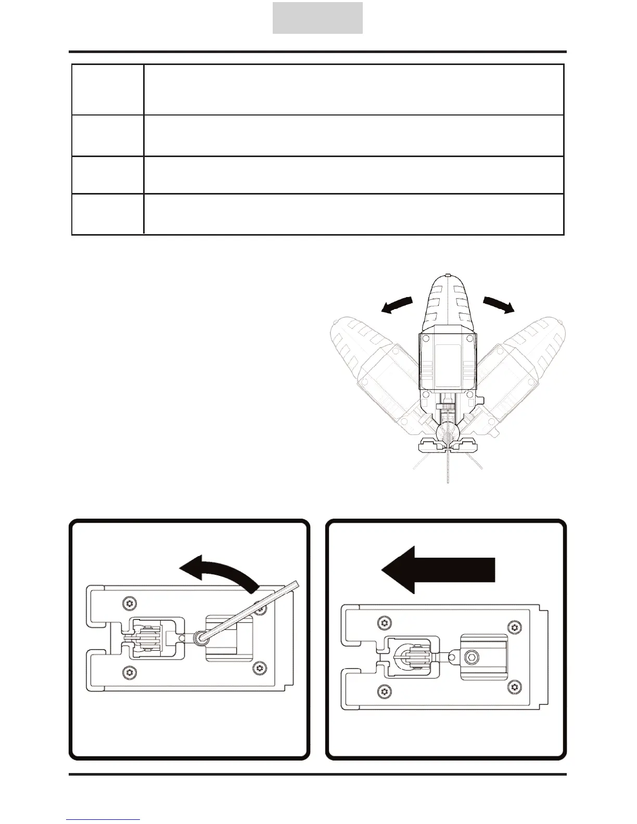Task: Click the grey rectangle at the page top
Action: (317, 18)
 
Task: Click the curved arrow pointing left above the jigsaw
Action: (397, 305)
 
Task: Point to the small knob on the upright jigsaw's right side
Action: (482, 400)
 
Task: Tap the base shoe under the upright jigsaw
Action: (448, 445)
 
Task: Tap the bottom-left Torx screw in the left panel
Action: (128, 672)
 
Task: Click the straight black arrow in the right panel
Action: (438, 570)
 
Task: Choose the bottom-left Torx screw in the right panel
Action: (384, 690)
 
